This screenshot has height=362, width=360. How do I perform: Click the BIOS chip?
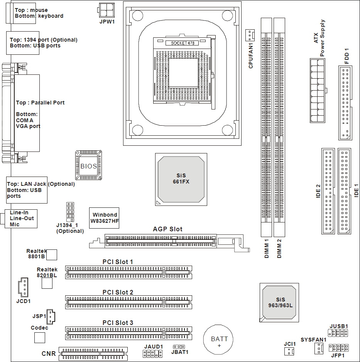pos(89,165)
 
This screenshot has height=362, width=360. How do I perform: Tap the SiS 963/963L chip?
pos(280,303)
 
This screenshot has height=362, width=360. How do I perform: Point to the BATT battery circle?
pos(219,339)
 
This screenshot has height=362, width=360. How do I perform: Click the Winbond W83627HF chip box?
pos(104,218)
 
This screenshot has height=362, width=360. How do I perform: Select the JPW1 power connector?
pos(107,8)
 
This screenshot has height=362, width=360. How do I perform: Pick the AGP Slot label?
pos(167,229)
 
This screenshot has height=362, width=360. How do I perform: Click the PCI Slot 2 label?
pos(118,293)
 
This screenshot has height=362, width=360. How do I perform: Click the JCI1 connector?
pos(289,351)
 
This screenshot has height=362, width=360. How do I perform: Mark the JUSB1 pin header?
pos(338,332)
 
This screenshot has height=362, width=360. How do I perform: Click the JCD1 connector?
pos(23,287)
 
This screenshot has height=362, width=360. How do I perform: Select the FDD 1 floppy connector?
pos(345,103)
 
